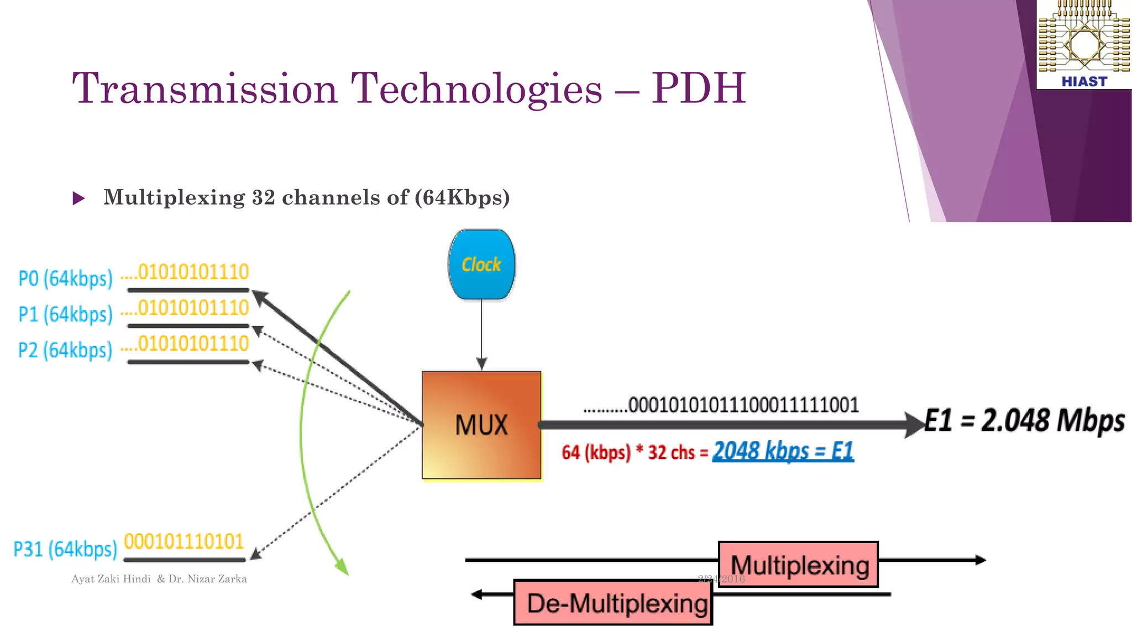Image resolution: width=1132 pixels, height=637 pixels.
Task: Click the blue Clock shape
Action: [x=481, y=265]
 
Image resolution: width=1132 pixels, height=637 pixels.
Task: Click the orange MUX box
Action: [x=481, y=425]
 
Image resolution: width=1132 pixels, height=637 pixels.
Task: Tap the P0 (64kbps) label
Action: [x=65, y=278]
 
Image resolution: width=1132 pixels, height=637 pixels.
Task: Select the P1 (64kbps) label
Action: [x=65, y=314]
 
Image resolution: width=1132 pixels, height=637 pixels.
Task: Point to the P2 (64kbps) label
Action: [x=65, y=350]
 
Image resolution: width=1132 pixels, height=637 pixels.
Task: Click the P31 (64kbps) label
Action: [x=65, y=549]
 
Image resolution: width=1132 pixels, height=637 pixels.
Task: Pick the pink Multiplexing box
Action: [x=798, y=565]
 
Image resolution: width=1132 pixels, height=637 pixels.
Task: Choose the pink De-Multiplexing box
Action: [x=613, y=603]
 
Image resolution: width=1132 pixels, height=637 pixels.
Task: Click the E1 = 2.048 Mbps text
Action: [x=1024, y=420]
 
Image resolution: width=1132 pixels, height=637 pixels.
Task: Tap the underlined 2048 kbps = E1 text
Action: [x=783, y=451]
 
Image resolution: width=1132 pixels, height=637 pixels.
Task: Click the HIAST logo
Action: [x=1084, y=44]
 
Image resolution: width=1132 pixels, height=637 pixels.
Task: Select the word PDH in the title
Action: [x=698, y=88]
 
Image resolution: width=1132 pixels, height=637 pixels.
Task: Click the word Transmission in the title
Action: [x=205, y=88]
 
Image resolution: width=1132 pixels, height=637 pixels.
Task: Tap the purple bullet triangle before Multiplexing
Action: [x=79, y=198]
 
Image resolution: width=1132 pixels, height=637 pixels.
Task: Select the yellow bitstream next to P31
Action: [x=184, y=541]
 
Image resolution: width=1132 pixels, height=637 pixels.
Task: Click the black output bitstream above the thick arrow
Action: [x=721, y=405]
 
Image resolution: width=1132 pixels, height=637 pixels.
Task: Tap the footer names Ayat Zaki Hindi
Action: [x=111, y=579]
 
